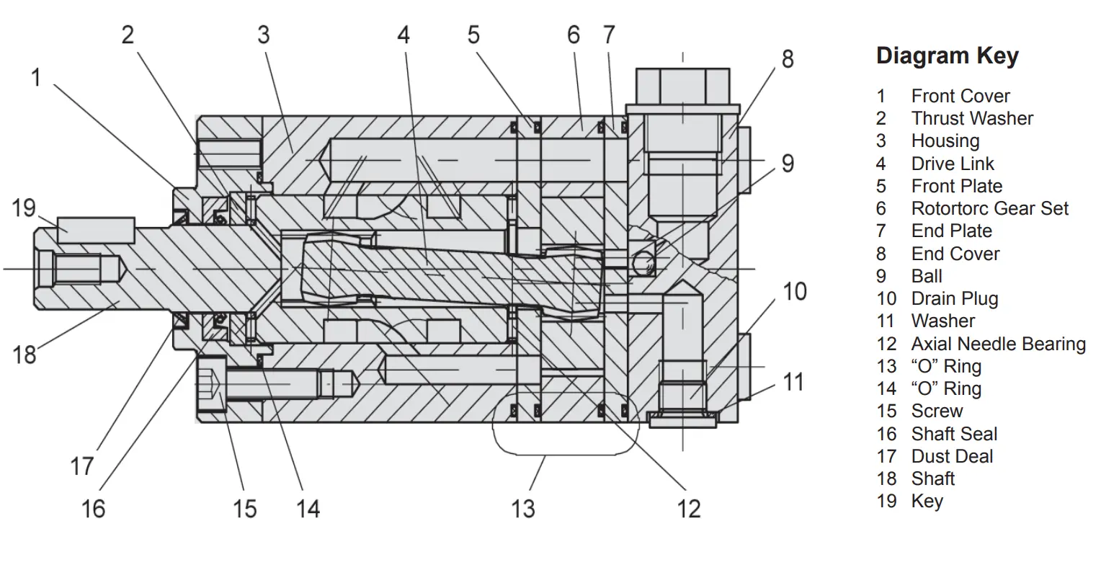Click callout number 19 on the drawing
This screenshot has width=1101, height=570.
pyautogui.click(x=24, y=208)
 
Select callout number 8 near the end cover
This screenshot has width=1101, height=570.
pyautogui.click(x=787, y=58)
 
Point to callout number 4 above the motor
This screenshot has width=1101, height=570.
pyautogui.click(x=404, y=34)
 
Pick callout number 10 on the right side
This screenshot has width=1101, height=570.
pyautogui.click(x=794, y=292)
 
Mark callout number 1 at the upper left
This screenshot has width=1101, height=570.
pyautogui.click(x=36, y=77)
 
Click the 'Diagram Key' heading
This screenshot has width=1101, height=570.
pyautogui.click(x=947, y=55)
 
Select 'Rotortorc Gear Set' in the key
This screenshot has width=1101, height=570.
pyautogui.click(x=989, y=209)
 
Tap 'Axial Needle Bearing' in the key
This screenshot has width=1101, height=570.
pyautogui.click(x=998, y=344)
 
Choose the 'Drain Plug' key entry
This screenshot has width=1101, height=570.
pyautogui.click(x=954, y=299)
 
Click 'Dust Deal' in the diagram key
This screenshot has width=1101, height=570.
pyautogui.click(x=952, y=456)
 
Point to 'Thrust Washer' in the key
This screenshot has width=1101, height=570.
pyautogui.click(x=972, y=119)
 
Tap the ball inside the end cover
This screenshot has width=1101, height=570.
pyautogui.click(x=641, y=263)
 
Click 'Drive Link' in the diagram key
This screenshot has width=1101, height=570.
pyautogui.click(x=952, y=164)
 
